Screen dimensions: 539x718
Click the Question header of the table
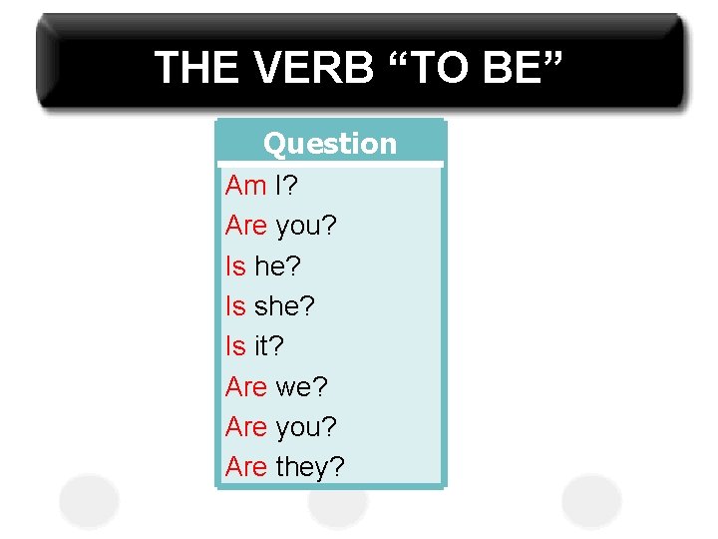tap(330, 144)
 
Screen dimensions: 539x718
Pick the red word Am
tap(245, 185)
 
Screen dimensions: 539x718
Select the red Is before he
tap(235, 266)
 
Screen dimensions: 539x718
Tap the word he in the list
tap(271, 266)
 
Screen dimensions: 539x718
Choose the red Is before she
tap(235, 305)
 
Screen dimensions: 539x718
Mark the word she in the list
tap(278, 305)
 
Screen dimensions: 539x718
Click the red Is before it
tap(235, 345)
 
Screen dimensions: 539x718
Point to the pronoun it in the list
tap(263, 345)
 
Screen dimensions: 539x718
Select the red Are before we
tap(246, 386)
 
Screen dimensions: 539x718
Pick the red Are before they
tap(246, 466)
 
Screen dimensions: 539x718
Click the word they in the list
tap(303, 466)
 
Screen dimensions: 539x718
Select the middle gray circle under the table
tap(338, 505)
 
